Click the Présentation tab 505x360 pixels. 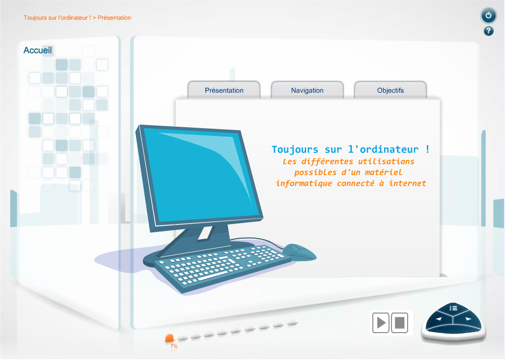click(224, 90)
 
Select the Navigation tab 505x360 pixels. click(307, 90)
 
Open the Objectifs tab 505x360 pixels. click(390, 90)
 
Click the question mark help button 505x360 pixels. click(488, 31)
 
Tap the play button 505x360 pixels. click(381, 322)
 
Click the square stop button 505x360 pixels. click(400, 322)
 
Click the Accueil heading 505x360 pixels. click(38, 50)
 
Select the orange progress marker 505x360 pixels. click(169, 338)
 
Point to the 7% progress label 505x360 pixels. click(174, 346)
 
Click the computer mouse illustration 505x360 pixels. click(299, 252)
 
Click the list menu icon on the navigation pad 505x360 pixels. click(454, 308)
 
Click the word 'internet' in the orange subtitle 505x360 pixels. click(408, 183)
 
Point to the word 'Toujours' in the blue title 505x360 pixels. click(295, 149)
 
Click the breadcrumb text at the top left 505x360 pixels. click(77, 18)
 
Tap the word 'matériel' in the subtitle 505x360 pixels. click(383, 172)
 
